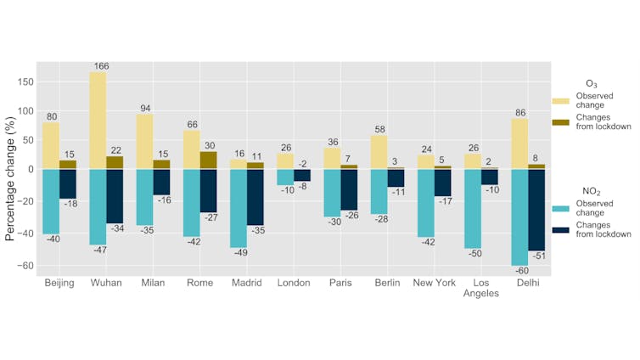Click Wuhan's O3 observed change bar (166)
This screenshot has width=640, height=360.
[98, 121]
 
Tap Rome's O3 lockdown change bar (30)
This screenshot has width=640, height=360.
[208, 160]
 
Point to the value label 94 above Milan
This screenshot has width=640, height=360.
[144, 108]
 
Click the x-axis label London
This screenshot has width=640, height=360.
[294, 283]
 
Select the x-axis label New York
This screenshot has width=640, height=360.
[434, 283]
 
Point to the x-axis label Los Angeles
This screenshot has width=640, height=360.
[480, 288]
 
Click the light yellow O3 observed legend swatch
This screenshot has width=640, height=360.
[561, 101]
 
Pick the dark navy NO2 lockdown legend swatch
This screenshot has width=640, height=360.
[561, 230]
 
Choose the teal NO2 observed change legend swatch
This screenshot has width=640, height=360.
[561, 208]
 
